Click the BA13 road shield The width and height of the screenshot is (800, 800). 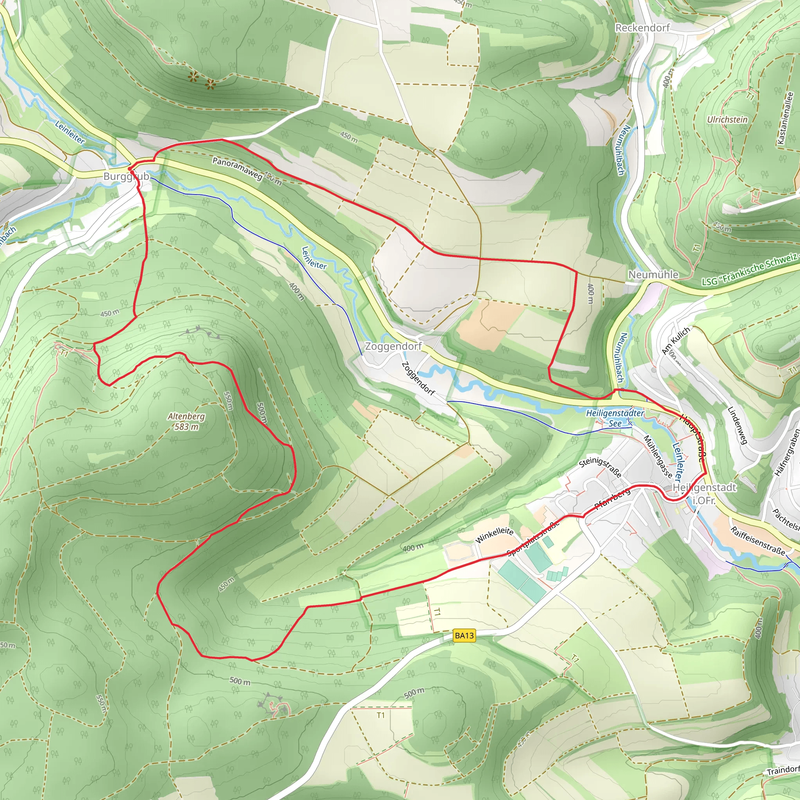[x=464, y=636]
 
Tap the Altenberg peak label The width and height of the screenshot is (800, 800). [x=186, y=416]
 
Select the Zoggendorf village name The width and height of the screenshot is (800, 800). [x=393, y=346]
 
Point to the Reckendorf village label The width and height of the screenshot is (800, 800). [x=642, y=28]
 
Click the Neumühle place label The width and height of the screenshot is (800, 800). [x=654, y=275]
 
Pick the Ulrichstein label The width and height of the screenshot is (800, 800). [x=727, y=119]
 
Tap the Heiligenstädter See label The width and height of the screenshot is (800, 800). [x=615, y=418]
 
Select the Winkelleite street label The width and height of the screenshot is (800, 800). [x=495, y=536]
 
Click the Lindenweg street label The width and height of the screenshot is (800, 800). [x=737, y=425]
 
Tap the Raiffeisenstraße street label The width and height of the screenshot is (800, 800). [x=757, y=540]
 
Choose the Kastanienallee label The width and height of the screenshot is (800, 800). [x=785, y=118]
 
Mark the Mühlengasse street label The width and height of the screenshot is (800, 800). [x=657, y=457]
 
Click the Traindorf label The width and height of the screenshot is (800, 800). [x=782, y=771]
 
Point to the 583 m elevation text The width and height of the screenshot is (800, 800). [x=186, y=427]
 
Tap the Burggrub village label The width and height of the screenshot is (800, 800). [x=126, y=177]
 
